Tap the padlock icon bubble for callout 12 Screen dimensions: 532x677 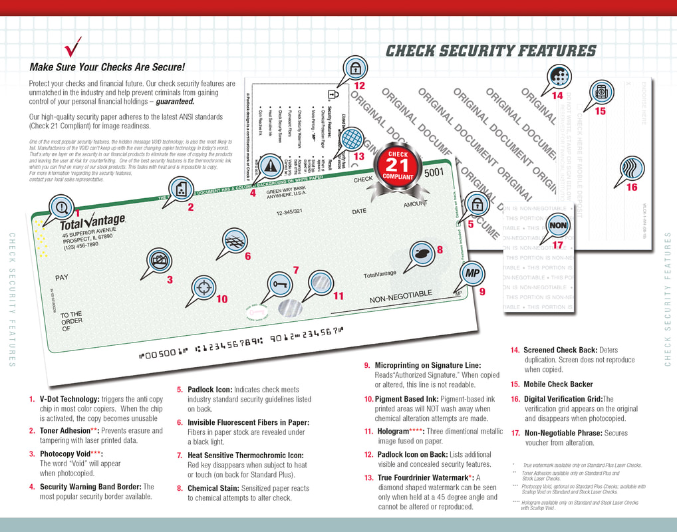[355, 68]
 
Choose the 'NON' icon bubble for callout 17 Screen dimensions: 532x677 [559, 224]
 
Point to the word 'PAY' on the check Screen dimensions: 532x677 [62, 277]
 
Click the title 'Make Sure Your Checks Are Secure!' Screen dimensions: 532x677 [107, 67]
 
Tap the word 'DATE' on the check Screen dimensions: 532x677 [359, 211]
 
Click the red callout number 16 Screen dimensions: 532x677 [632, 188]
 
